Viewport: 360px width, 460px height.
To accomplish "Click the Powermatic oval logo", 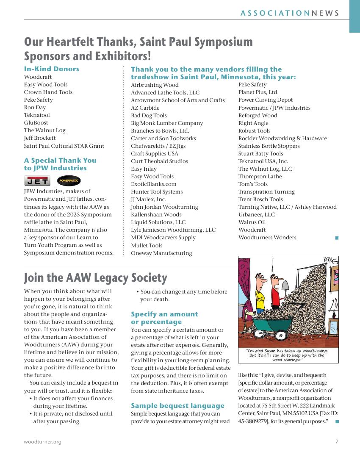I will click(x=68, y=181).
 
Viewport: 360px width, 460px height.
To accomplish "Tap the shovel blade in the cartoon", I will click(x=285, y=287).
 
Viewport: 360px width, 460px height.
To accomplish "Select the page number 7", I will click(x=337, y=442).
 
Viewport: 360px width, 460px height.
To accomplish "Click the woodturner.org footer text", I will click(x=42, y=442).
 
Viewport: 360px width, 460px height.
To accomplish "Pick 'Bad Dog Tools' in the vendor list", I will click(x=149, y=116).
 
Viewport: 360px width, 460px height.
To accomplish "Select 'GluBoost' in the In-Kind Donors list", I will click(x=36, y=123).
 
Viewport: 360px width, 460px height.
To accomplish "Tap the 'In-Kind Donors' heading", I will click(x=51, y=69).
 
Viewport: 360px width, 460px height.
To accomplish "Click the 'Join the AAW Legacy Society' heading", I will click(x=95, y=278).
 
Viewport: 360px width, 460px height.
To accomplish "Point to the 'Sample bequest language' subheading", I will click(x=177, y=406).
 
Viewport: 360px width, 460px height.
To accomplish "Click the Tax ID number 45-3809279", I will click(x=254, y=421).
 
